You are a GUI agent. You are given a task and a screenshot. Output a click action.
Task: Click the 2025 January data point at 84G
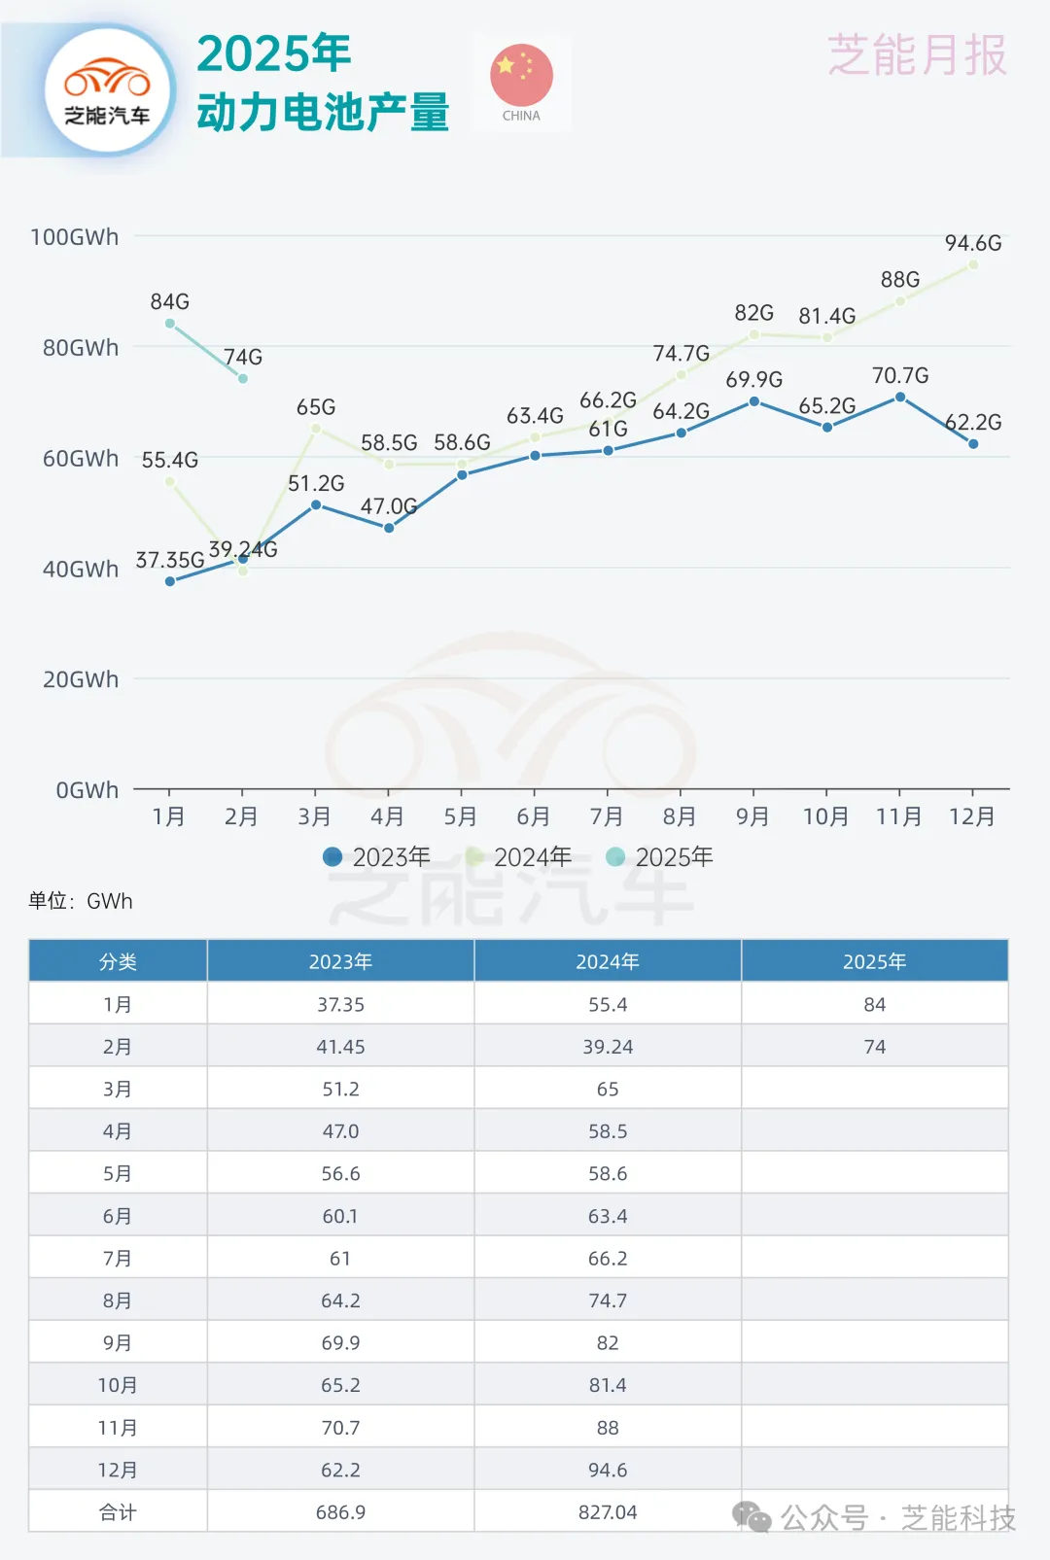170,324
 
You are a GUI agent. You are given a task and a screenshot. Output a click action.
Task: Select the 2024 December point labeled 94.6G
973,264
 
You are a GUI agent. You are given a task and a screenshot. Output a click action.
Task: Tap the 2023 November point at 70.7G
900,398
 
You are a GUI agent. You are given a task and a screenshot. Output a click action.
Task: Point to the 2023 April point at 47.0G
389,528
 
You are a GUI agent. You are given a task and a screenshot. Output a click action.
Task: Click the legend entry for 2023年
376,856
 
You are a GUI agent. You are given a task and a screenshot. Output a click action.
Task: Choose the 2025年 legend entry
659,856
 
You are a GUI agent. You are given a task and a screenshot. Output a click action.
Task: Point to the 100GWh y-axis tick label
75,237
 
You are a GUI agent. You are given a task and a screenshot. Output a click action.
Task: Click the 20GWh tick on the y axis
81,679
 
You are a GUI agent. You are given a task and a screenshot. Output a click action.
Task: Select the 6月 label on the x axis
533,816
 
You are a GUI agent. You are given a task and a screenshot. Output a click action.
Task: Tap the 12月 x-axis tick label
972,816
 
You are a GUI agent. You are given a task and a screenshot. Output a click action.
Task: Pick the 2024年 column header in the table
608,961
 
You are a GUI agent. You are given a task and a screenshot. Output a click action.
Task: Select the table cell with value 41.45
340,1047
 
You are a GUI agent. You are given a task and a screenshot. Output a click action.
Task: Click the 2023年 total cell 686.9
340,1512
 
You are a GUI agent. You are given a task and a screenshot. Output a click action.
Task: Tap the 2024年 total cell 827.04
608,1512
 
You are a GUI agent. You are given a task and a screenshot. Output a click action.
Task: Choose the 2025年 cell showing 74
875,1047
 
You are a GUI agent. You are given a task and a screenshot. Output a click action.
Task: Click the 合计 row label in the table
118,1512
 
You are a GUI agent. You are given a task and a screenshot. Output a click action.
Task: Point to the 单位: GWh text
81,901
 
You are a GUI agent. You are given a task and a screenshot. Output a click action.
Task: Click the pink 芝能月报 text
917,55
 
